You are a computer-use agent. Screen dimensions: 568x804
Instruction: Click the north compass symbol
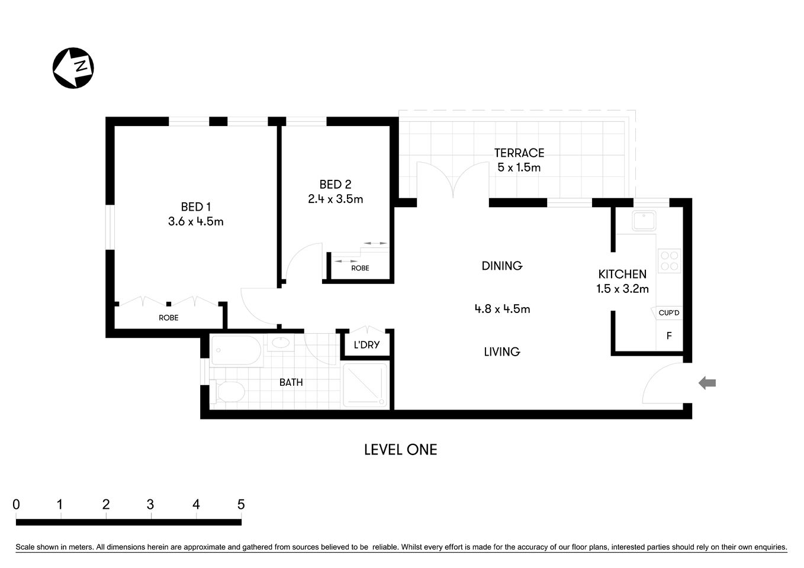click(x=73, y=68)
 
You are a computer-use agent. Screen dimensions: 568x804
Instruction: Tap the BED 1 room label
click(x=195, y=207)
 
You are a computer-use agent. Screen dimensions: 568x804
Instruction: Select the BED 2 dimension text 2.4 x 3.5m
click(x=335, y=199)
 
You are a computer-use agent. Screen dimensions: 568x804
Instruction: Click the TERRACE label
click(x=519, y=153)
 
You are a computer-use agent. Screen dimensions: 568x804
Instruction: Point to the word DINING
click(x=501, y=266)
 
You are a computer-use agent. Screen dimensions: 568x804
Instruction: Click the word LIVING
click(x=501, y=351)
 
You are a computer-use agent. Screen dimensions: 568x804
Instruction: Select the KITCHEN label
click(x=622, y=274)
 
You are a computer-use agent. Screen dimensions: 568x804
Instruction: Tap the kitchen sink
click(x=643, y=221)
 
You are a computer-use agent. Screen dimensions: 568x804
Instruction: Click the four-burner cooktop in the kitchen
click(x=669, y=261)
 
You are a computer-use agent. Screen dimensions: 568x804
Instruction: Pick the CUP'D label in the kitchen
click(x=669, y=312)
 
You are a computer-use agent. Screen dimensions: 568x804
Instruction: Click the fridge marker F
click(x=669, y=335)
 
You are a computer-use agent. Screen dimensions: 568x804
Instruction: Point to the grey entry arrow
click(x=707, y=383)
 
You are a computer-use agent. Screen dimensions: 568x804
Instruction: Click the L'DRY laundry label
click(x=366, y=344)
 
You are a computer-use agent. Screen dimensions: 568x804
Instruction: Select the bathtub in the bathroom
click(x=235, y=351)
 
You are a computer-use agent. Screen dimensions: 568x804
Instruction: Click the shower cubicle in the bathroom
click(x=365, y=385)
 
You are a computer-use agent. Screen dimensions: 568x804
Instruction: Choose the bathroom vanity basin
click(x=279, y=343)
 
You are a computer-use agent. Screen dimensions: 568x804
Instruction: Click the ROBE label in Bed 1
click(x=168, y=318)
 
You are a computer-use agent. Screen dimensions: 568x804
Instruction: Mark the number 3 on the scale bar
click(x=150, y=504)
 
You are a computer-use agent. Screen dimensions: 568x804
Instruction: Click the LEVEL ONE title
click(x=400, y=450)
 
